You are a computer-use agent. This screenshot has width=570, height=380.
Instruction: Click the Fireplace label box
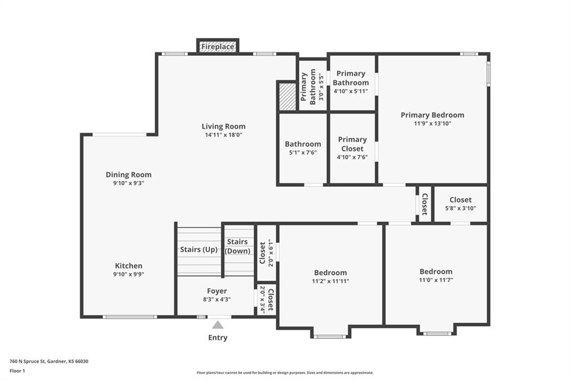(218, 47)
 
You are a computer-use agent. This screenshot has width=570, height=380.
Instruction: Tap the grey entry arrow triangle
(218, 325)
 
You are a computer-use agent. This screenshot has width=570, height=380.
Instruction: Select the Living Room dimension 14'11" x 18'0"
(224, 135)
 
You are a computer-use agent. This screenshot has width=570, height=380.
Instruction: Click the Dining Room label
(129, 175)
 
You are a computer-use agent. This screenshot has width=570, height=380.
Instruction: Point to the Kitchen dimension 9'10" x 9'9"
(129, 275)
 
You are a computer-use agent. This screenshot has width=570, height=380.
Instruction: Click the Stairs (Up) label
(199, 250)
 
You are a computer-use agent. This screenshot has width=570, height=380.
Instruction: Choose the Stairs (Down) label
(237, 246)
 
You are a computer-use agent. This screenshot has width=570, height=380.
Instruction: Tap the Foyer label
(217, 291)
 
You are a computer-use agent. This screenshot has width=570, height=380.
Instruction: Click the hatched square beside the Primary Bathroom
(287, 96)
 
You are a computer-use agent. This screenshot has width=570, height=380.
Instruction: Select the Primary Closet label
(352, 144)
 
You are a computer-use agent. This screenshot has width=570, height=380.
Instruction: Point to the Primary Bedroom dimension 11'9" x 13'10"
(433, 123)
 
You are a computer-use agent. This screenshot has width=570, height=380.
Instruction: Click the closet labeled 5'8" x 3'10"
(460, 204)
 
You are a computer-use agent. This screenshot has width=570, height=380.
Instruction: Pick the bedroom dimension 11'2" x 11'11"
(331, 281)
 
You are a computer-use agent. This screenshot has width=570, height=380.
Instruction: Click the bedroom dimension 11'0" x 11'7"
(436, 280)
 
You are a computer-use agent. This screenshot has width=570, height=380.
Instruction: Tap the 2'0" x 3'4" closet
(266, 300)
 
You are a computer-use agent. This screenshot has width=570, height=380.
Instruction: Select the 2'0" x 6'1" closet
(266, 252)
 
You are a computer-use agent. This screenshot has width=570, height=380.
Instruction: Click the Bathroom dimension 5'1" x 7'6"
(303, 153)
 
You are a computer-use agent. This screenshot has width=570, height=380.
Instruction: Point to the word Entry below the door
(218, 338)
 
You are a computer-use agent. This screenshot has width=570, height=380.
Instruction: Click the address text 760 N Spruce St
(27, 362)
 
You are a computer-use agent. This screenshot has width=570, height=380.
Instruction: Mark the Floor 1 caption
(17, 371)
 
